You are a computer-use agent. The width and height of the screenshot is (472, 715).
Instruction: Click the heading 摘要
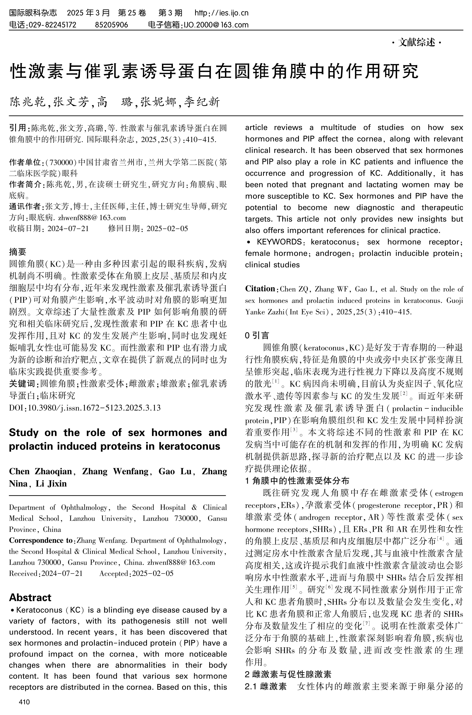17,251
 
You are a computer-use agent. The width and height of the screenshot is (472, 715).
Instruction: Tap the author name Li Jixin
51,483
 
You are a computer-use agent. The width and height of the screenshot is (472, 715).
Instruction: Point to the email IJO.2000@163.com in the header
216,25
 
